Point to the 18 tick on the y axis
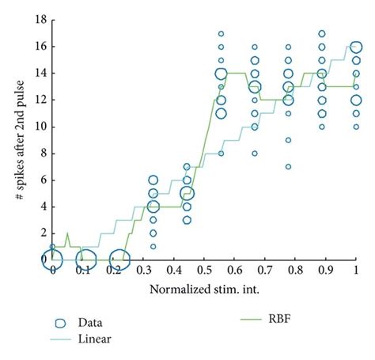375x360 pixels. [37, 20]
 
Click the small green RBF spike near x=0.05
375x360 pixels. [67, 235]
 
